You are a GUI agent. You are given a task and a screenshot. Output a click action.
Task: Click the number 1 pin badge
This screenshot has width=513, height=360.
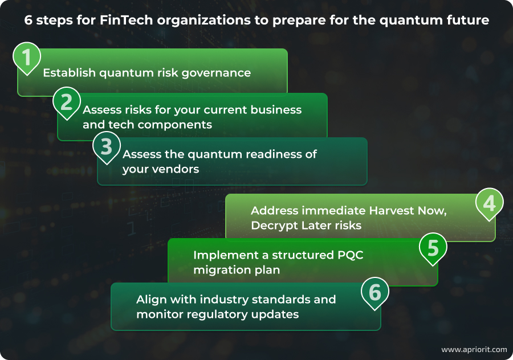pos(27,58)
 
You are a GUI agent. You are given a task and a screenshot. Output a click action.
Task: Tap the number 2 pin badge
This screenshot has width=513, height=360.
pos(67,102)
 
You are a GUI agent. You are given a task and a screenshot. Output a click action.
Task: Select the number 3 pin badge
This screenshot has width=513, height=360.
pos(107,146)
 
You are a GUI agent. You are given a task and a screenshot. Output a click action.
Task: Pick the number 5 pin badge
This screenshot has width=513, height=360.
pos(433,247)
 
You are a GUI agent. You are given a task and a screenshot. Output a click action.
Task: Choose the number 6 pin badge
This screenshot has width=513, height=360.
pos(375,292)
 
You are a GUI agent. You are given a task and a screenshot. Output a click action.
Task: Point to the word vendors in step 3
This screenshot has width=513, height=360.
pos(177,169)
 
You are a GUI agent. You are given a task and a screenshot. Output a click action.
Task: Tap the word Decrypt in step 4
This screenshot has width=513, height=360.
pos(276,225)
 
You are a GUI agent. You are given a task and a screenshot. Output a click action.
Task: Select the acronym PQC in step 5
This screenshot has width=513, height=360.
pos(347,255)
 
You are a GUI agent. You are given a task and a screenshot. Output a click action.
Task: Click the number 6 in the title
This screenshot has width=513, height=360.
pos(29,21)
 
